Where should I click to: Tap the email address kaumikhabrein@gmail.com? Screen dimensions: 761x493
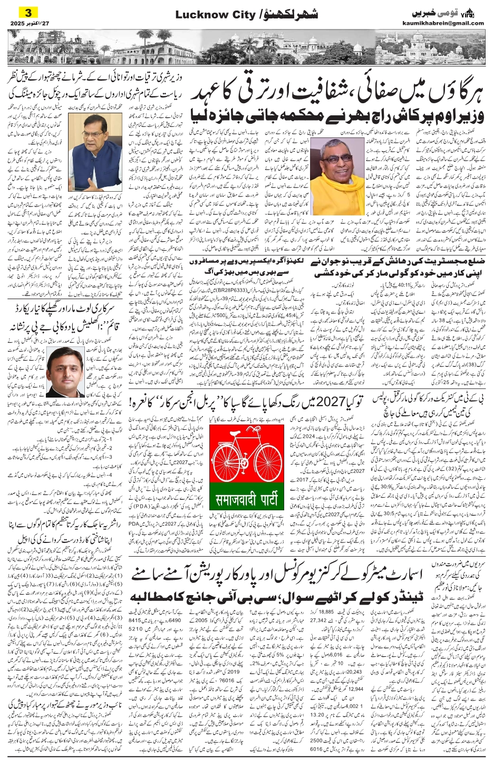[450, 23]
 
